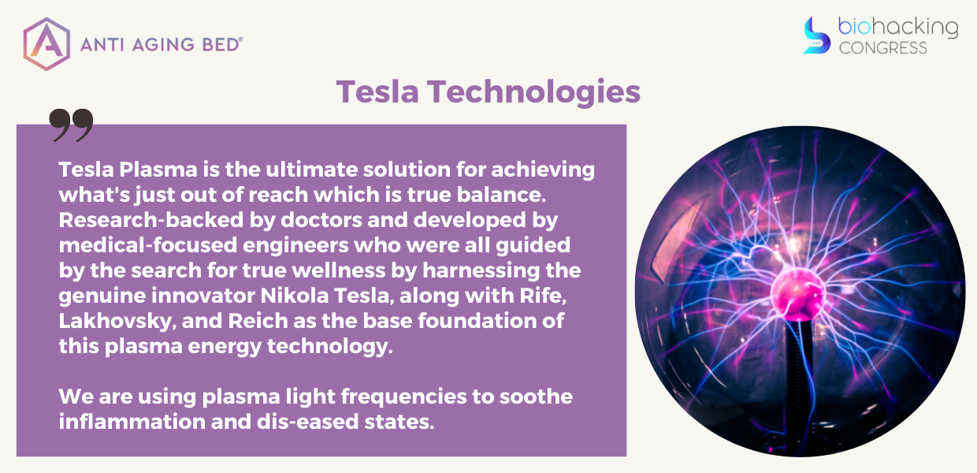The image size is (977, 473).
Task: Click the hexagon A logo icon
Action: [x=46, y=44]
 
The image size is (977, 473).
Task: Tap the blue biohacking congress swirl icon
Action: [x=816, y=35]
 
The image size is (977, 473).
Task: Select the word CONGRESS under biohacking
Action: [x=882, y=48]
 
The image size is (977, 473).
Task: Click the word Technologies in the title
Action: [x=533, y=92]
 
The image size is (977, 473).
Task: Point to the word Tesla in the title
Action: [x=377, y=91]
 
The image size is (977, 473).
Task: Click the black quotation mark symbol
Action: [x=71, y=125]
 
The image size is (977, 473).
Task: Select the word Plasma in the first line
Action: [x=158, y=169]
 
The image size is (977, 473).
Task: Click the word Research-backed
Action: [x=151, y=220]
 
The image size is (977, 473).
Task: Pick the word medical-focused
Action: [x=148, y=245]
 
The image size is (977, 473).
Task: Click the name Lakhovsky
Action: [x=117, y=321]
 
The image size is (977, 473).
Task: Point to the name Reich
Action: [x=258, y=321]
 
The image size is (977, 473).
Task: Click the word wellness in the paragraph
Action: [x=339, y=270]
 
